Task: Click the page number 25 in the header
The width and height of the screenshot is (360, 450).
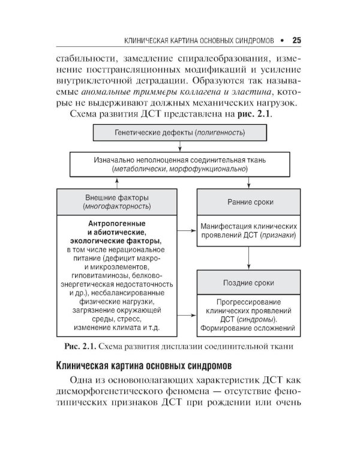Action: coord(296,41)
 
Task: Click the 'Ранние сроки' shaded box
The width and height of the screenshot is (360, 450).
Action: coord(249,202)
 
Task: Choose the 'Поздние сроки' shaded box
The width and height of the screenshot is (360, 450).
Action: coord(249,282)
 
